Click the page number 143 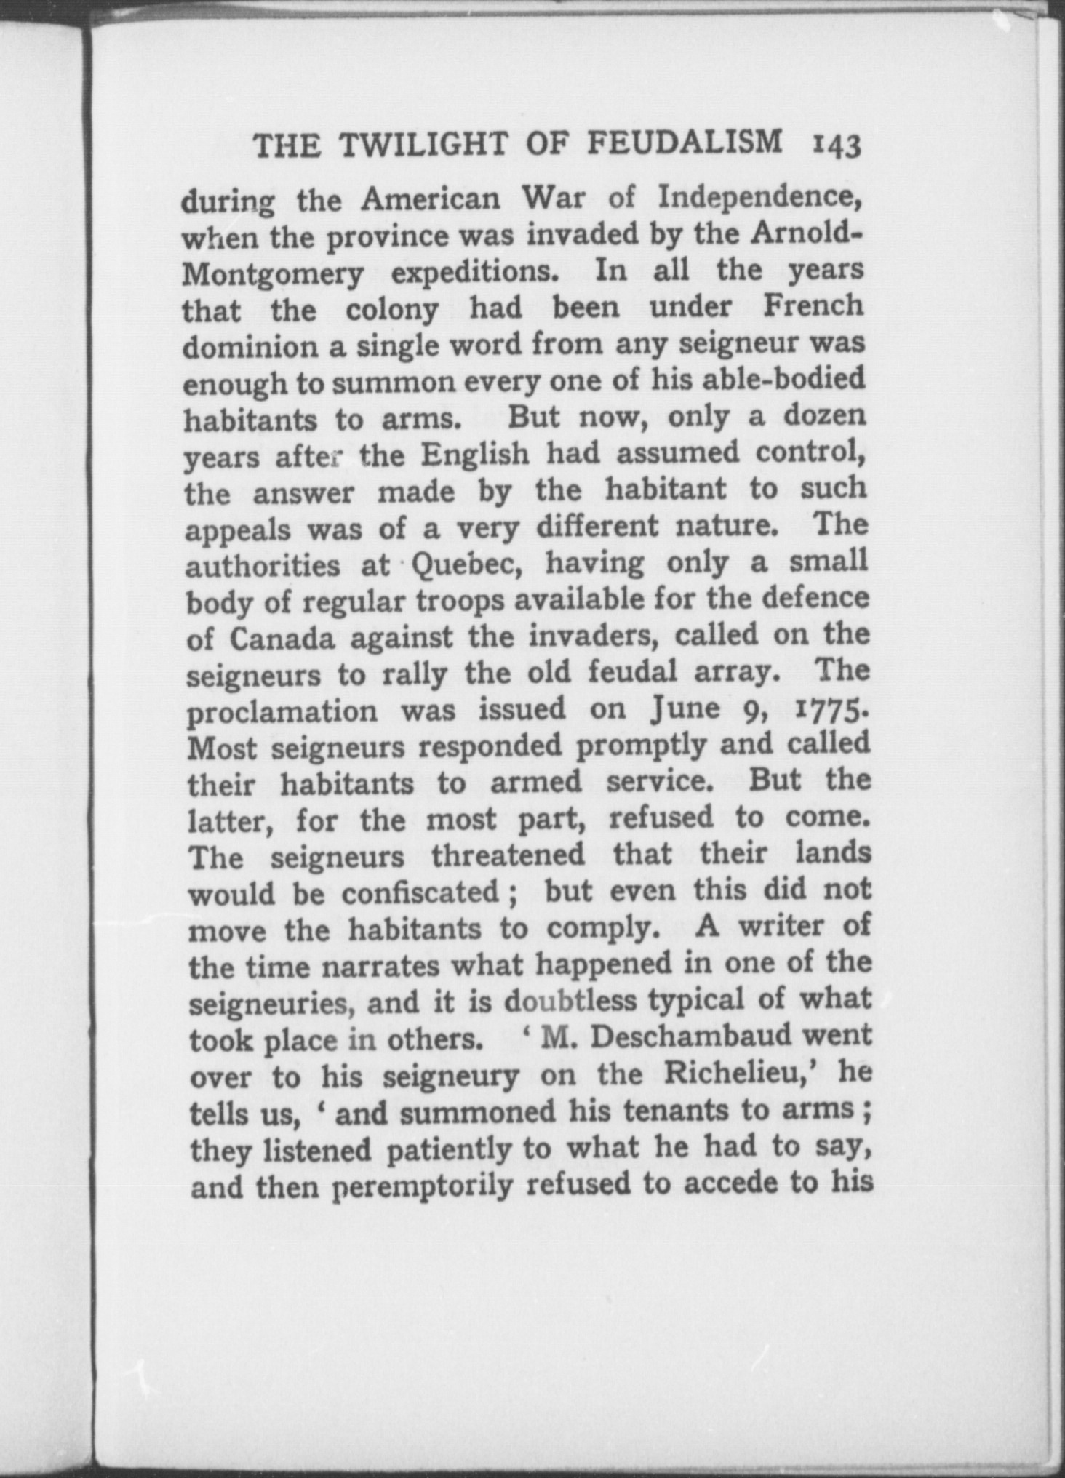pyautogui.click(x=836, y=146)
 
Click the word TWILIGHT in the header pyautogui.click(x=423, y=146)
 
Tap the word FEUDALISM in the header pyautogui.click(x=685, y=144)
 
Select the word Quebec pyautogui.click(x=466, y=564)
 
